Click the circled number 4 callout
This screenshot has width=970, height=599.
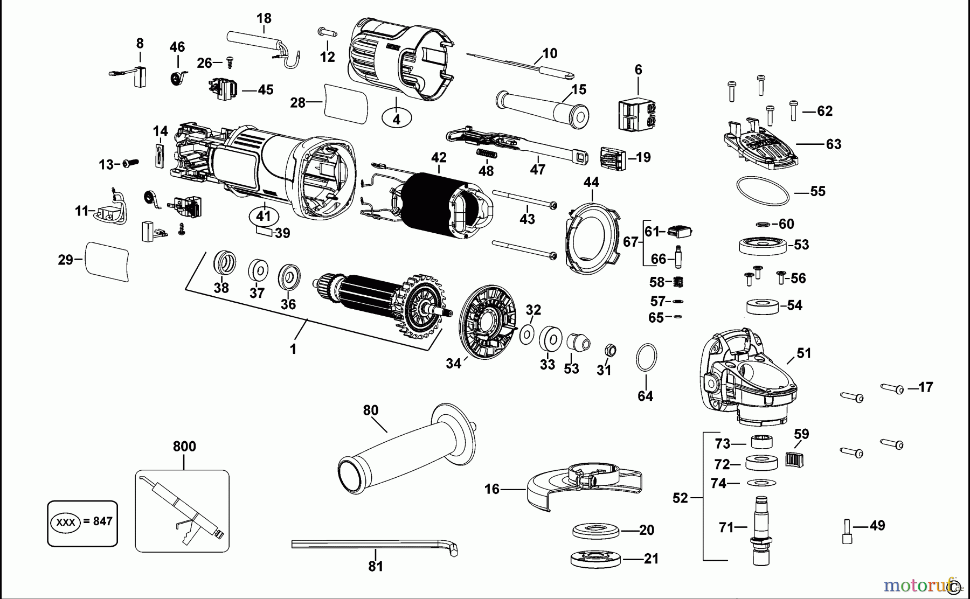[x=397, y=119]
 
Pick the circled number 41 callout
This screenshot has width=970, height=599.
[x=264, y=217]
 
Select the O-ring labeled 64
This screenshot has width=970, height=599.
[x=646, y=357]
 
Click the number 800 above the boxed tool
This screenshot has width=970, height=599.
[x=184, y=447]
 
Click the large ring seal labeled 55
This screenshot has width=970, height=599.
[x=763, y=191]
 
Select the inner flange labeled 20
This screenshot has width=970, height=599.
[x=596, y=531]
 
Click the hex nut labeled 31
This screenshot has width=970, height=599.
[x=610, y=350]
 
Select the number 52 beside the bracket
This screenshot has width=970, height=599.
[x=680, y=498]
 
